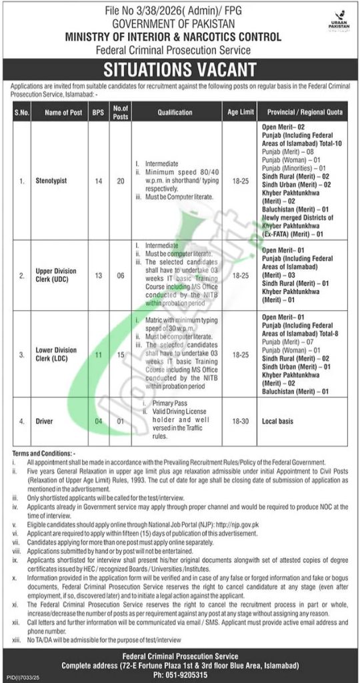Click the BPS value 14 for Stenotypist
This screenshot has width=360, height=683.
pos(97,180)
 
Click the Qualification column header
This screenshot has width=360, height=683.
pos(177,113)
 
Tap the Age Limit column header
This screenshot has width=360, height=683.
pos(237,113)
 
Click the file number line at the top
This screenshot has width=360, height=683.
pos(179,7)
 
